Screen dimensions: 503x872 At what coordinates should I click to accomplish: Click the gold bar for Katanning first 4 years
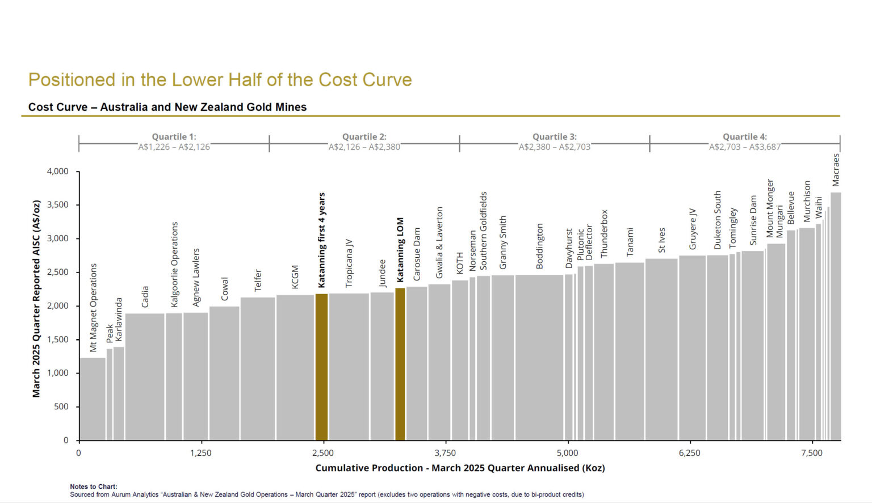coord(321,367)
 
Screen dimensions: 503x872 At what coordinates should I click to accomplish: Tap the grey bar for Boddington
coord(539,358)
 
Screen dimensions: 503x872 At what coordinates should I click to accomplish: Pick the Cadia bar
coord(145,377)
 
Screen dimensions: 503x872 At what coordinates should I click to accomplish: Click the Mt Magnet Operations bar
coord(92,399)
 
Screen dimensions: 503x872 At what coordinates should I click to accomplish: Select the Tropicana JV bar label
coord(349,263)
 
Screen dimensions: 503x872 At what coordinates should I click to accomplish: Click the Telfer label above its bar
coord(258,280)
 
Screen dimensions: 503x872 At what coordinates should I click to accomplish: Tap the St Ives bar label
coord(662,241)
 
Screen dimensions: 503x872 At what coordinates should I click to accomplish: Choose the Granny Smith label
coord(503,242)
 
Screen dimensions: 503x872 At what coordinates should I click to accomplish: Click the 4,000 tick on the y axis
coord(57,171)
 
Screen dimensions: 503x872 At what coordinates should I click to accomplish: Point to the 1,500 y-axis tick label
coord(57,339)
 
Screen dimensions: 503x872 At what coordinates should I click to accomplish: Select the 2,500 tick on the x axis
coord(322,453)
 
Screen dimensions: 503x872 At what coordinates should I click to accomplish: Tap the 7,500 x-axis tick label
coord(811,453)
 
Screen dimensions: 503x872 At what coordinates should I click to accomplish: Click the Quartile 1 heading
coord(174,137)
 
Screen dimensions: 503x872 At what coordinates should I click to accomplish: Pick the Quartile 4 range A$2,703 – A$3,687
coord(744,147)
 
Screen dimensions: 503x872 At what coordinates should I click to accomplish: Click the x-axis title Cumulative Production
coord(460,468)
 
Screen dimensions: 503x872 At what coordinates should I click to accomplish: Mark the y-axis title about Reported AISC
coord(36,299)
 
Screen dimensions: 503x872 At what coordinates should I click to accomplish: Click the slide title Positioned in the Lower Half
coord(220,80)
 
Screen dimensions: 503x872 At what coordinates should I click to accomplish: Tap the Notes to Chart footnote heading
coord(93,487)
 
